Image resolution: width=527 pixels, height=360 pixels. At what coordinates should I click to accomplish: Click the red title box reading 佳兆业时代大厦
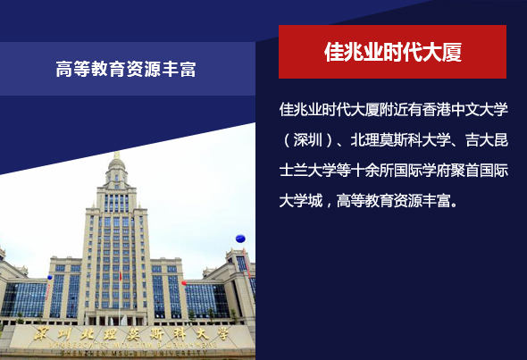click(392, 52)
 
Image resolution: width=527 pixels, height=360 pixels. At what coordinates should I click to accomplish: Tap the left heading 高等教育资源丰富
click(126, 69)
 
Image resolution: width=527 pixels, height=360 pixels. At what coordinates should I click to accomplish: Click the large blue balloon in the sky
click(240, 239)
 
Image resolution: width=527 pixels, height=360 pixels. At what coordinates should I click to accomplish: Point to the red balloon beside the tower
click(184, 282)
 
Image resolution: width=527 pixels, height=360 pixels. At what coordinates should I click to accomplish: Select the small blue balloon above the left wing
click(50, 278)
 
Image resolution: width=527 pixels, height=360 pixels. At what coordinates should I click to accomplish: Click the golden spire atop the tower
click(117, 155)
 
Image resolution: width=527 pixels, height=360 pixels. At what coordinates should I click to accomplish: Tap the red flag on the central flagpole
click(121, 276)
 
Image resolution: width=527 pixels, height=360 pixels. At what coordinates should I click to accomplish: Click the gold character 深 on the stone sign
click(42, 334)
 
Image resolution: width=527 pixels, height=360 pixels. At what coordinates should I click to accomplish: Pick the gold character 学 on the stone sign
click(222, 334)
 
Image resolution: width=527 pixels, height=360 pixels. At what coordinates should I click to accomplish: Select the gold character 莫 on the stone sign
click(133, 334)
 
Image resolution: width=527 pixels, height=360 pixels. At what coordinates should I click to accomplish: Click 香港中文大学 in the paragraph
click(465, 109)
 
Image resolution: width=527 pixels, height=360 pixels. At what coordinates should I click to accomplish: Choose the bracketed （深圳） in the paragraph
click(308, 140)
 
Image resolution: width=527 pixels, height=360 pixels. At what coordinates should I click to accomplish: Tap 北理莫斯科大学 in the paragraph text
click(401, 140)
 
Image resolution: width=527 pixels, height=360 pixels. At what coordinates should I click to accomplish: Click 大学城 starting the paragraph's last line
click(301, 201)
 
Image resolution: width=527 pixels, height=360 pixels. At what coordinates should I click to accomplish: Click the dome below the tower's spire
click(117, 164)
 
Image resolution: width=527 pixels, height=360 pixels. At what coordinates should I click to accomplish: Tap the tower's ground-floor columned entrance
click(116, 318)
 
